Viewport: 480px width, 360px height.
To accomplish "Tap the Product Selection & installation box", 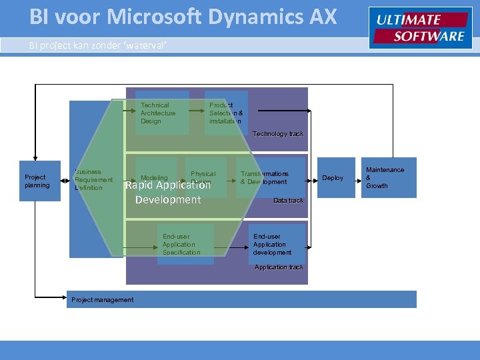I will coord(226,113).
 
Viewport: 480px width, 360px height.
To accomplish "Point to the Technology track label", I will coord(278,134).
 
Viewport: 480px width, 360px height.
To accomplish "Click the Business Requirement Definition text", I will coord(93,180).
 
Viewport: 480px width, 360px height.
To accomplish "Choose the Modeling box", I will coord(155,178).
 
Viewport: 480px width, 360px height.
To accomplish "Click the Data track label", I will coord(288,201).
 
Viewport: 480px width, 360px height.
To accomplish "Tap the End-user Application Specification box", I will coord(183,245).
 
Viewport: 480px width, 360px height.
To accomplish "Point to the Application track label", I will coord(279,267).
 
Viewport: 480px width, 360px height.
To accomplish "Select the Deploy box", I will coord(333,178).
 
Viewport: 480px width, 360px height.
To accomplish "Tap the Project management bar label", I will coord(102,300).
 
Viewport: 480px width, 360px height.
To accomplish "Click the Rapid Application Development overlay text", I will coord(168,193).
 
